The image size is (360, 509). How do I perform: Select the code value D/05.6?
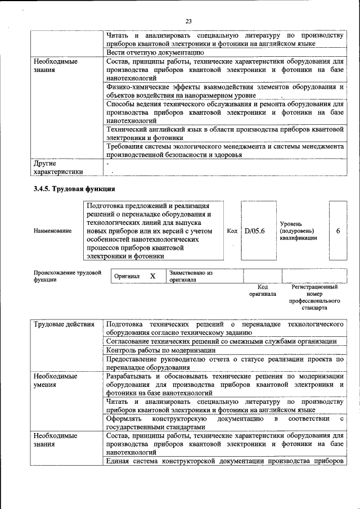click(254, 231)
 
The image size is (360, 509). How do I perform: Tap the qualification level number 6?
click(337, 231)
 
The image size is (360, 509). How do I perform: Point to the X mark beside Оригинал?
click(152, 276)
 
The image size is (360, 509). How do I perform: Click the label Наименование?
click(52, 231)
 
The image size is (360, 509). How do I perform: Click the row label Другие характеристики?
click(58, 167)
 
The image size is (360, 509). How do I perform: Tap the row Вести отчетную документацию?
click(151, 53)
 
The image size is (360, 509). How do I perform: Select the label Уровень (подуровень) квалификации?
click(298, 231)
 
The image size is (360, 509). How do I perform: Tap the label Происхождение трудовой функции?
click(67, 276)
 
